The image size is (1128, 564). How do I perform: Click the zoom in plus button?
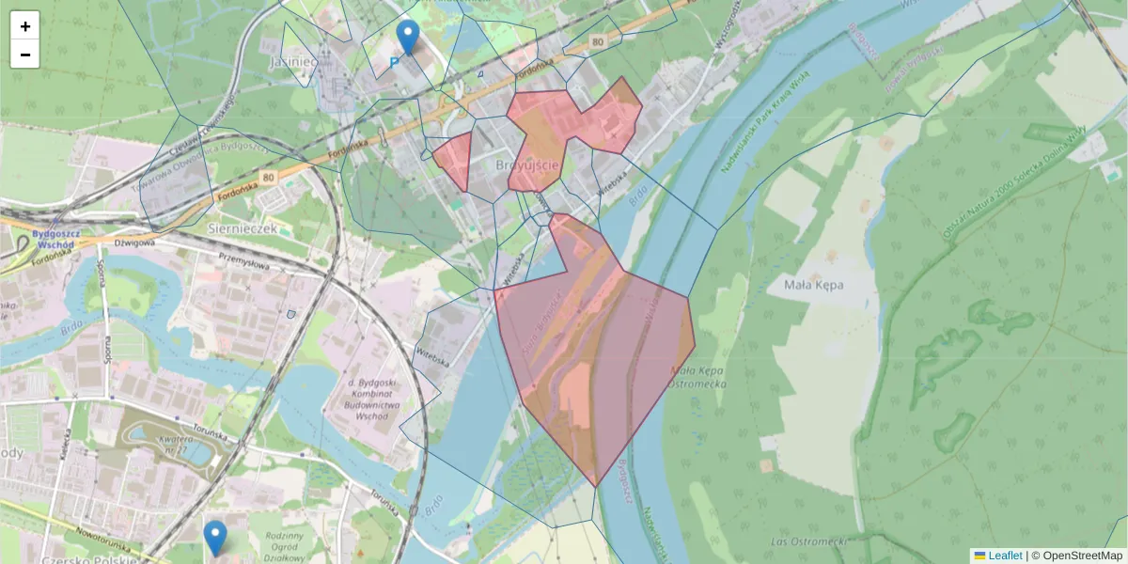click(25, 26)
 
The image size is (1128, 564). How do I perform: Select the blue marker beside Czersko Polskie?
click(215, 538)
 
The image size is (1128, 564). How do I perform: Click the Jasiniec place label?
click(294, 61)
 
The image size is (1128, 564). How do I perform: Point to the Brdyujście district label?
click(527, 164)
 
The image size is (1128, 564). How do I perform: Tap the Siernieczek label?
click(243, 227)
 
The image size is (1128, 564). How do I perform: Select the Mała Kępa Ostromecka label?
click(697, 378)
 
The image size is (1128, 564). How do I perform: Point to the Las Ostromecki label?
click(808, 541)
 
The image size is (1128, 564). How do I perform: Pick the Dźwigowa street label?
click(133, 242)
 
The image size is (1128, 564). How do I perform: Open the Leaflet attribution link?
click(1005, 556)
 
